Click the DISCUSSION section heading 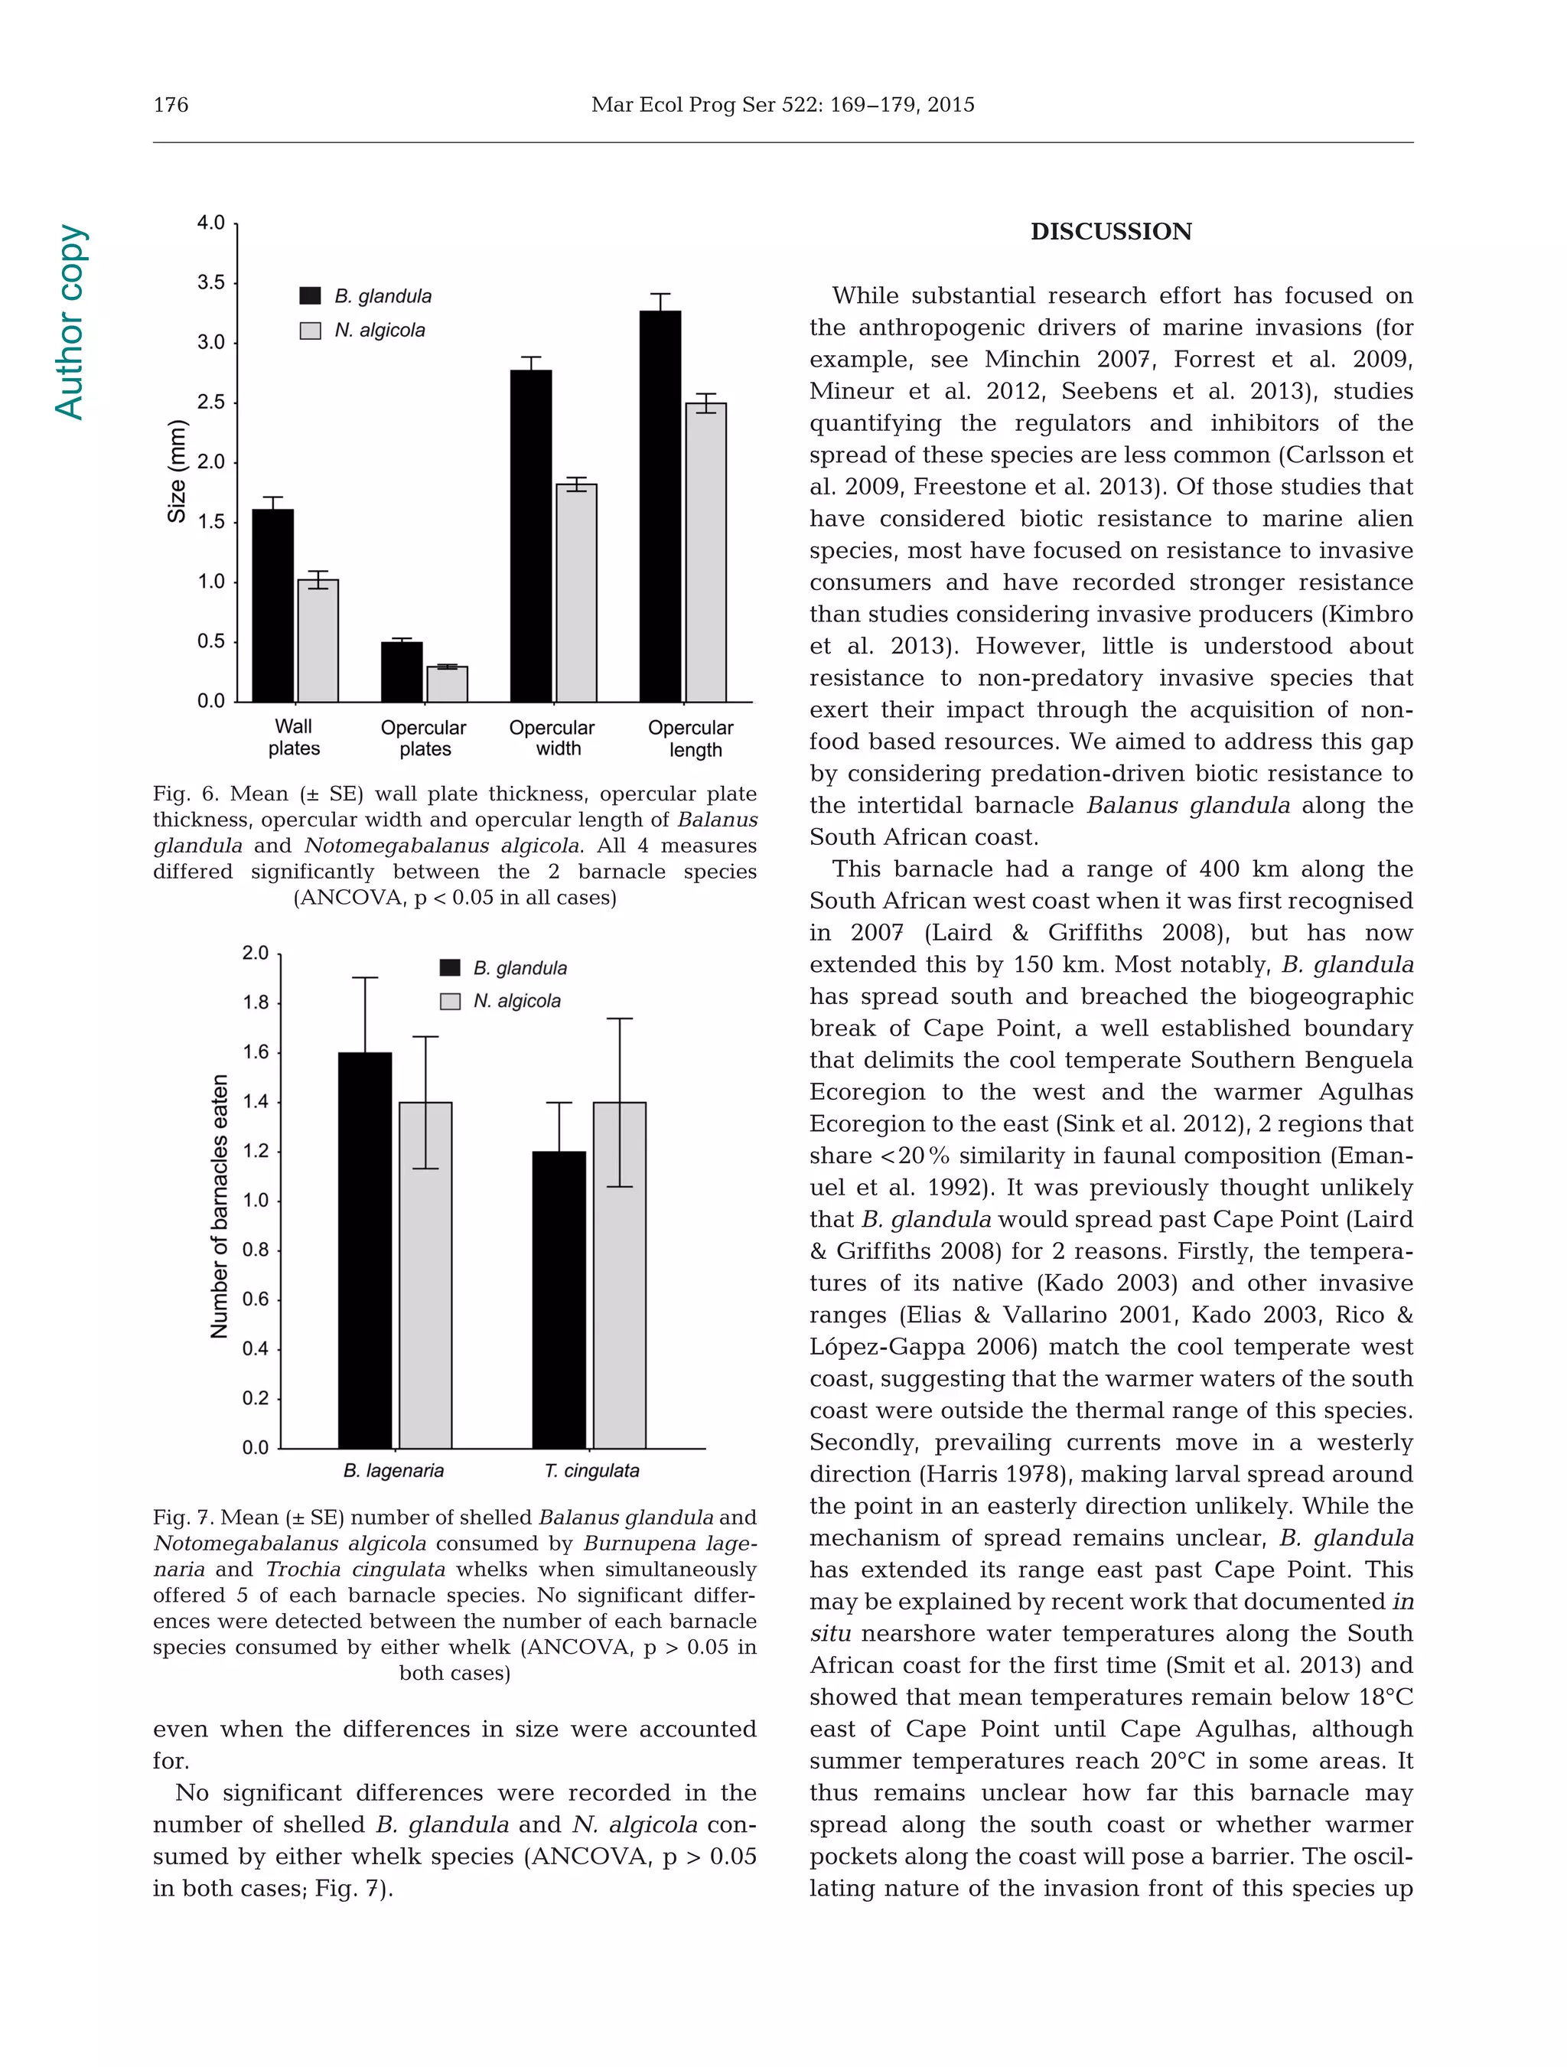tap(1110, 232)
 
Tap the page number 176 tap(171, 105)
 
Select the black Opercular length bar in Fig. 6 tap(660, 504)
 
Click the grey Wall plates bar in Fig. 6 tap(318, 640)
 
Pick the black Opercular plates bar tap(402, 671)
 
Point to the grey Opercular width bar tap(576, 592)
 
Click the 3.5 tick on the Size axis tap(211, 282)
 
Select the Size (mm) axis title tap(177, 472)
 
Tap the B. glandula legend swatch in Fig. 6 tap(310, 296)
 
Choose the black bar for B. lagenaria tap(364, 1250)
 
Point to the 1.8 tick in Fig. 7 tap(255, 1003)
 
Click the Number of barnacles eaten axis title tap(220, 1205)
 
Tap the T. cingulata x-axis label tap(591, 1470)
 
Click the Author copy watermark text tap(70, 321)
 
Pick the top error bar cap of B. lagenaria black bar tap(364, 977)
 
